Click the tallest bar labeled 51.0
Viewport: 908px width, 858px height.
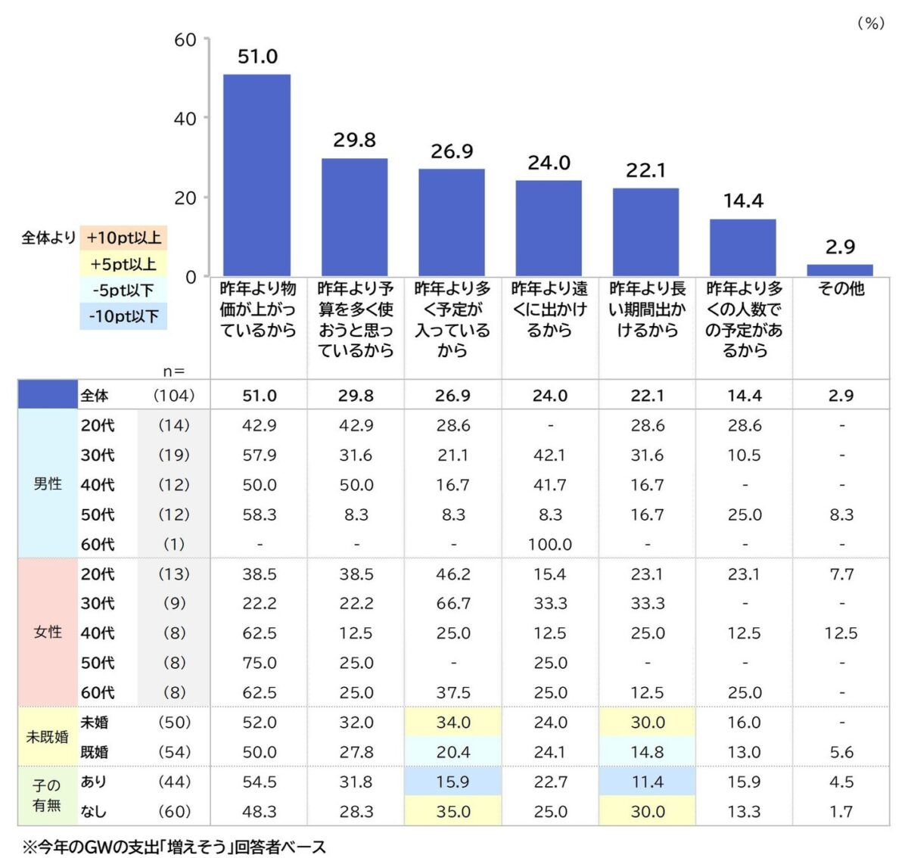point(257,175)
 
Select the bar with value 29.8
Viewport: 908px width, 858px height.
point(354,217)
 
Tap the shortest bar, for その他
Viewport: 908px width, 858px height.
point(840,270)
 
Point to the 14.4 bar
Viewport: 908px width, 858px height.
point(742,247)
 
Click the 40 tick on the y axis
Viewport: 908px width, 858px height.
point(185,119)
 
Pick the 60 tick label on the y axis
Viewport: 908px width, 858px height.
point(185,40)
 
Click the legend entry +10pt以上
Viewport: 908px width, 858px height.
point(123,238)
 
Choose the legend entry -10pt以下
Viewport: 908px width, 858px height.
point(123,316)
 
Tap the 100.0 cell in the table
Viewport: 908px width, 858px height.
point(549,544)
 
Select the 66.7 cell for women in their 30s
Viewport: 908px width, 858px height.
point(452,604)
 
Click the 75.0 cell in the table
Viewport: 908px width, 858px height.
point(259,663)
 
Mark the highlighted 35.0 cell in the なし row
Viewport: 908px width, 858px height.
point(452,812)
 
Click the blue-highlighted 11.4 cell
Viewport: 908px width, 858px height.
point(647,782)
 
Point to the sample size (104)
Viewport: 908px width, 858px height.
point(173,395)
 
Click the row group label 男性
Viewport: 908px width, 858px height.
point(48,484)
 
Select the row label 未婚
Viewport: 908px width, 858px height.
point(95,723)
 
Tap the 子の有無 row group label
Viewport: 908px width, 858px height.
point(47,796)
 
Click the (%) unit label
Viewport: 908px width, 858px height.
point(870,23)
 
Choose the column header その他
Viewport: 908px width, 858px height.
point(841,289)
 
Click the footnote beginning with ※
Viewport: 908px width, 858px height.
point(175,847)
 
